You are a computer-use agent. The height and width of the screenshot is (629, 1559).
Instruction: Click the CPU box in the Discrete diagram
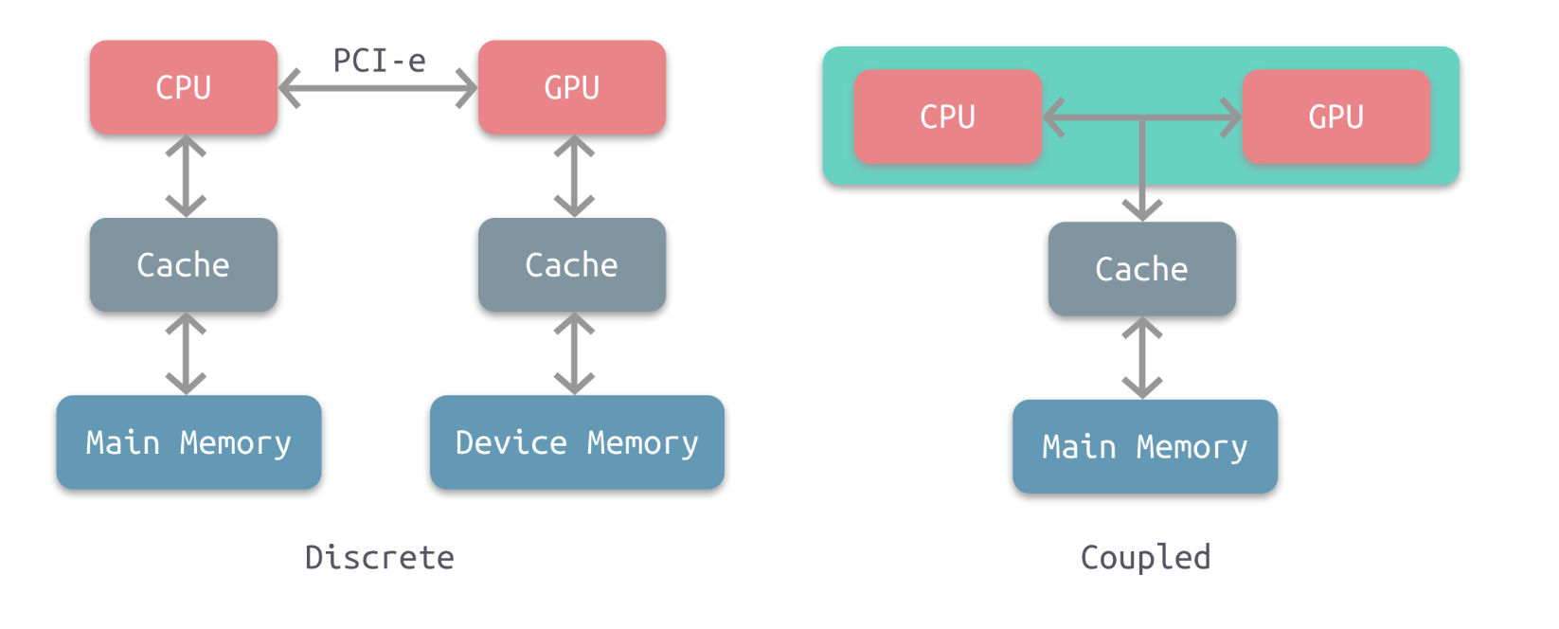[x=184, y=87]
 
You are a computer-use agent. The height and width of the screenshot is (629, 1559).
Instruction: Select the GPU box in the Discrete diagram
[x=572, y=87]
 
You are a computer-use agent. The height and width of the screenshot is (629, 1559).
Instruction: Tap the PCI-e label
[x=379, y=61]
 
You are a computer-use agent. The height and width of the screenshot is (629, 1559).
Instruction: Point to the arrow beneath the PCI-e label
[x=378, y=89]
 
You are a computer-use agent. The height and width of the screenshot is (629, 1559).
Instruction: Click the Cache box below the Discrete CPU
[x=184, y=265]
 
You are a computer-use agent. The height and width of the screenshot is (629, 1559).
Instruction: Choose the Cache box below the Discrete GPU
[x=572, y=265]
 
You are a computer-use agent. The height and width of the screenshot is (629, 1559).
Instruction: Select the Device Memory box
[x=577, y=442]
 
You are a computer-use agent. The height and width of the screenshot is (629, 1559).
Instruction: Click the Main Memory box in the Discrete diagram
[x=188, y=442]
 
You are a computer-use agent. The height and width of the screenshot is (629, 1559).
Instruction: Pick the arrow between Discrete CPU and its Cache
[x=186, y=176]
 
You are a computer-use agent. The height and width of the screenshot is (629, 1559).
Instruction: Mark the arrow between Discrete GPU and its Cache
[x=574, y=176]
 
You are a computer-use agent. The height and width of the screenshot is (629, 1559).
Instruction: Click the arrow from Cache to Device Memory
[x=574, y=353]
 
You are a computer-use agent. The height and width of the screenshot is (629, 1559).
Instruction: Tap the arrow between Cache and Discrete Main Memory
[x=186, y=353]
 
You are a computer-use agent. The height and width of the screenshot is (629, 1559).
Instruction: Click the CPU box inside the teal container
[x=947, y=117]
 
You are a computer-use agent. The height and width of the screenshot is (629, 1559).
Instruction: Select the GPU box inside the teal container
[x=1335, y=117]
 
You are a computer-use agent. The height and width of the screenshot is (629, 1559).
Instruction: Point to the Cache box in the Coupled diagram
[x=1141, y=269]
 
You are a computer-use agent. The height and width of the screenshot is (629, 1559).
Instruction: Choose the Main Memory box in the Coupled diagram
[x=1145, y=446]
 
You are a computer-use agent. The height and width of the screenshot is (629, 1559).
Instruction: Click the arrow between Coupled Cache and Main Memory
[x=1142, y=358]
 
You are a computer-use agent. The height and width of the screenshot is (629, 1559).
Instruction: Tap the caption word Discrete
[x=379, y=557]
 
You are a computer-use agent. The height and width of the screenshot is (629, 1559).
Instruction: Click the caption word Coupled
[x=1145, y=557]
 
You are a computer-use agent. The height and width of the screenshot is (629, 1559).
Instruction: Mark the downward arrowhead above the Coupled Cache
[x=1142, y=209]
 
